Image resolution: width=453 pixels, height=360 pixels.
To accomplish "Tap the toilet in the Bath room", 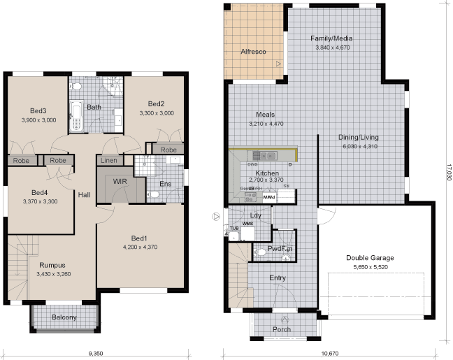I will pyautogui.click(x=78, y=87).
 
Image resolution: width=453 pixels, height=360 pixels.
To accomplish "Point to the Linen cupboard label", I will pyautogui.click(x=109, y=161).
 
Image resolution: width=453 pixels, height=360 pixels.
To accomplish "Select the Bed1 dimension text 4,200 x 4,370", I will pyautogui.click(x=140, y=247).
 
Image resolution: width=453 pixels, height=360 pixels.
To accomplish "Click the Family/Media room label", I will pyautogui.click(x=332, y=38).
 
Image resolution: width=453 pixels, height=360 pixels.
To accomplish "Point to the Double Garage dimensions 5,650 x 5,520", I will pyautogui.click(x=370, y=267).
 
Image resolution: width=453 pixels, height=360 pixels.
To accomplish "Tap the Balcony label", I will pyautogui.click(x=64, y=318).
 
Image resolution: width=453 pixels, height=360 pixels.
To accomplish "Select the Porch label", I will pyautogui.click(x=282, y=329).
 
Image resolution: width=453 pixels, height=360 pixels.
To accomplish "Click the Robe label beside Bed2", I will pyautogui.click(x=168, y=150).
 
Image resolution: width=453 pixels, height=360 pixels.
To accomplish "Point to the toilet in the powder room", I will pyautogui.click(x=285, y=257).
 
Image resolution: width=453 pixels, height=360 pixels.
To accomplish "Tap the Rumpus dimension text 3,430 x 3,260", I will pyautogui.click(x=52, y=274).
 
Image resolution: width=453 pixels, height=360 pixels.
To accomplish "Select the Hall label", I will pyautogui.click(x=84, y=195).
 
